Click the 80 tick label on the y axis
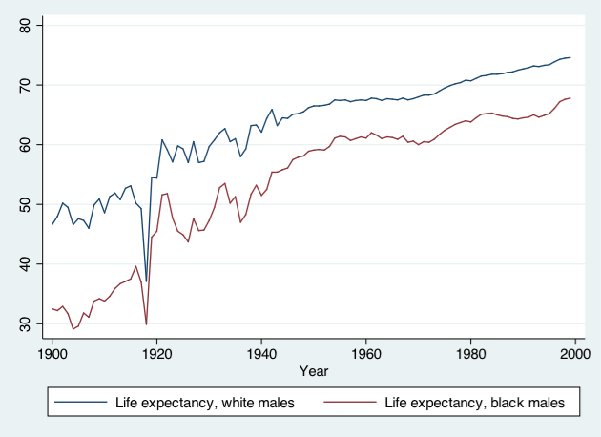pyautogui.click(x=25, y=25)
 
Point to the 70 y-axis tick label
pyautogui.click(x=25, y=85)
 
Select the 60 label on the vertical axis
pyautogui.click(x=25, y=144)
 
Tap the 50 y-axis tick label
pyautogui.click(x=25, y=204)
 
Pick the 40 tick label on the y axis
pyautogui.click(x=25, y=264)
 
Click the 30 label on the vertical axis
pyautogui.click(x=25, y=323)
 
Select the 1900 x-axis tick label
pyautogui.click(x=52, y=354)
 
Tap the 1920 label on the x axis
pyautogui.click(x=156, y=354)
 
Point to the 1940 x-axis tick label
pyautogui.click(x=261, y=354)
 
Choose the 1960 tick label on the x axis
pyautogui.click(x=365, y=354)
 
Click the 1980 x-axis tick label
pyautogui.click(x=470, y=354)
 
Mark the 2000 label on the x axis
pyautogui.click(x=575, y=354)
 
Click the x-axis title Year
pyautogui.click(x=314, y=371)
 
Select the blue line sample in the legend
pyautogui.click(x=80, y=402)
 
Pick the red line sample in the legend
pyautogui.click(x=350, y=402)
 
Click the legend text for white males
pyautogui.click(x=205, y=403)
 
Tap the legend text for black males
pyautogui.click(x=474, y=403)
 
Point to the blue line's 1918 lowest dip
pyautogui.click(x=146, y=281)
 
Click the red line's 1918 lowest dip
pyautogui.click(x=146, y=324)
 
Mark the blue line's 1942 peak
pyautogui.click(x=272, y=109)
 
